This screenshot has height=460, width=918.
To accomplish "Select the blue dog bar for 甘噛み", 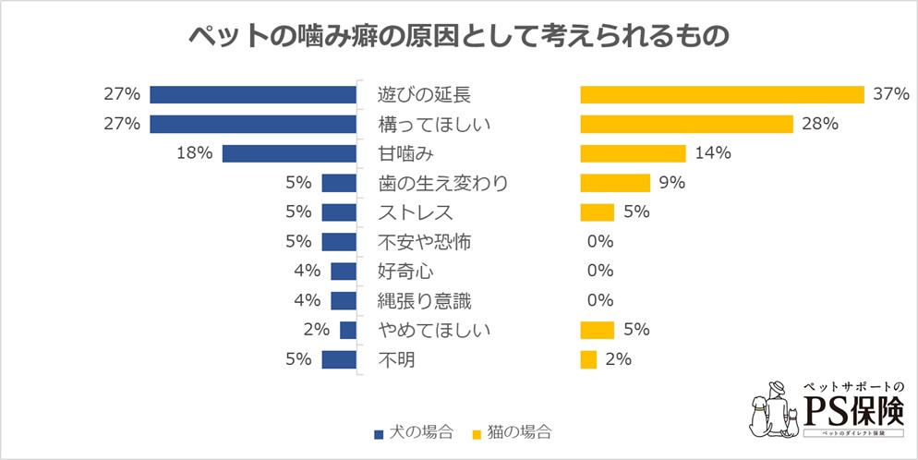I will pos(289,153).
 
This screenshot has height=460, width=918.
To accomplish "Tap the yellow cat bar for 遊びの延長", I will pos(721,94).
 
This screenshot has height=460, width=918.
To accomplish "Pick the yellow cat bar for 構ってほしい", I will pos(686,124).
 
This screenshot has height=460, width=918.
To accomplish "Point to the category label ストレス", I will pos(416,212).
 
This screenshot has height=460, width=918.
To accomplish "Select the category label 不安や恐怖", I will pos(425,242).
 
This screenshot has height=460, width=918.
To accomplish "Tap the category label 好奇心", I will pos(406,271).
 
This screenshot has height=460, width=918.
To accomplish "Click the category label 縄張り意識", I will pos(425,300).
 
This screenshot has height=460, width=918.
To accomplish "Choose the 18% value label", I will pos(195,153).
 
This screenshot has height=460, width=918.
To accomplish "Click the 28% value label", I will pos(820,124).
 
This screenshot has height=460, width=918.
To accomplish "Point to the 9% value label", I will pos(671,183).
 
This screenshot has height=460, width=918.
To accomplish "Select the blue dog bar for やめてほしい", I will pos(348,330).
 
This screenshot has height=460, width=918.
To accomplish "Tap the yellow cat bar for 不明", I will pos(588,359).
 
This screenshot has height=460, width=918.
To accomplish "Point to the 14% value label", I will pos(712,153).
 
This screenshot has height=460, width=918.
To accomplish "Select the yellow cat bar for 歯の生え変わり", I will pos(615,183).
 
